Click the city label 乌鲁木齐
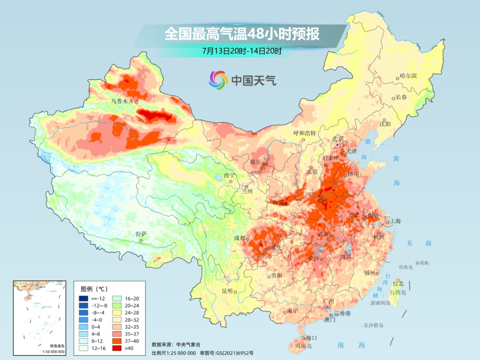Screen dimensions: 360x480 pyautogui.click(x=122, y=101)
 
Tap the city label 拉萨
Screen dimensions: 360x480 pyautogui.click(x=141, y=234)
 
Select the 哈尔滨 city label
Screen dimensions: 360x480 pyautogui.click(x=408, y=76)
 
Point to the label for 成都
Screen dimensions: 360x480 pyautogui.click(x=239, y=238)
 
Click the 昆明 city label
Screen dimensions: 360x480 pyautogui.click(x=227, y=291)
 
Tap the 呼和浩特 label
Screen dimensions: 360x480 pyautogui.click(x=304, y=133)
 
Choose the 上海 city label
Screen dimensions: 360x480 pyautogui.click(x=395, y=221)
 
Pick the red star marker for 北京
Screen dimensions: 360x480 pyautogui.click(x=338, y=145)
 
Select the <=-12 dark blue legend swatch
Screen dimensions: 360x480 pyautogui.click(x=84, y=298)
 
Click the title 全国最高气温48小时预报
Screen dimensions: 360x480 pyautogui.click(x=242, y=35)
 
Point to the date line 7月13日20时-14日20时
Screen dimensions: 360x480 pyautogui.click(x=242, y=51)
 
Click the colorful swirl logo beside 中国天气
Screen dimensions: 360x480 pyautogui.click(x=218, y=80)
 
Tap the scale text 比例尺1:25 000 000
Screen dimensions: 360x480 pyautogui.click(x=174, y=352)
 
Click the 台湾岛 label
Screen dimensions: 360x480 pyautogui.click(x=398, y=293)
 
